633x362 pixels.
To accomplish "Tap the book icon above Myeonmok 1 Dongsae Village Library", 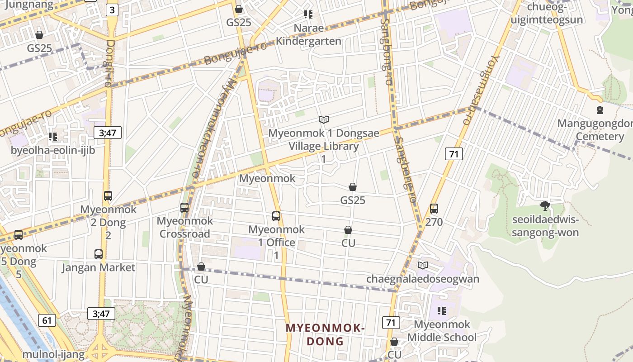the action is tap(323, 119).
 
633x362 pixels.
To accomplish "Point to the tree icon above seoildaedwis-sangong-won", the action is tap(545, 206).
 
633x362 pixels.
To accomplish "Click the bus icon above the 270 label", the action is tap(434, 209).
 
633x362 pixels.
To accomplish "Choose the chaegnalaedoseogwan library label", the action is tap(422, 279).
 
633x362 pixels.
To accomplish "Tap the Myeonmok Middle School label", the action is tap(442, 331).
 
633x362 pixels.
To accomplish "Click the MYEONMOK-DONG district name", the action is tap(325, 334).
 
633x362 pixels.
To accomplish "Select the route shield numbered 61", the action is tap(47, 321).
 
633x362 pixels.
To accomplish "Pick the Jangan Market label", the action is tap(98, 267).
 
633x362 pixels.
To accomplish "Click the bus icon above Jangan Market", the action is tap(99, 254).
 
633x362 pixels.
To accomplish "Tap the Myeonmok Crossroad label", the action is tap(184, 228).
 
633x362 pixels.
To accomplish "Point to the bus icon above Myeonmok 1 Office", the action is tap(276, 216).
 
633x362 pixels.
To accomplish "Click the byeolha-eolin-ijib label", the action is tap(52, 150).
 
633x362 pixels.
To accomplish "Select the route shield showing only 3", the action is tap(112, 10).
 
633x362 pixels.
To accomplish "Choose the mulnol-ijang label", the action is tap(53, 354).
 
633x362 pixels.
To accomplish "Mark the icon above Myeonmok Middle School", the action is tap(442, 311).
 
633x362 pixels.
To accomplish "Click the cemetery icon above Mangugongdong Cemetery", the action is tap(600, 110).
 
